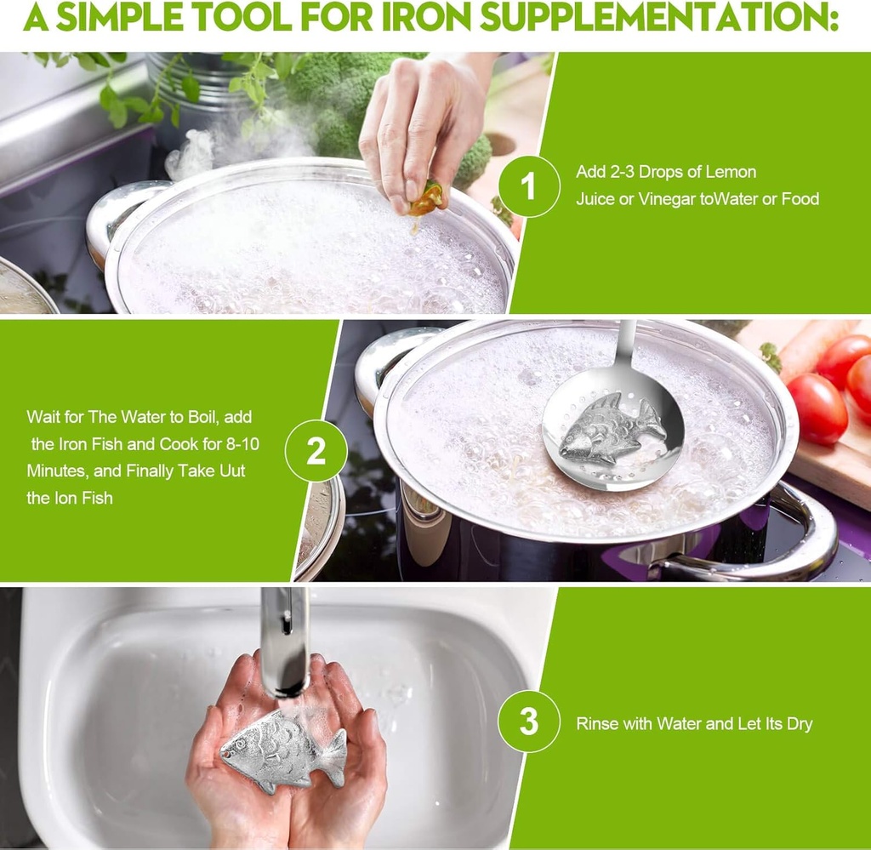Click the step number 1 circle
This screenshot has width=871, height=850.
tap(529, 185)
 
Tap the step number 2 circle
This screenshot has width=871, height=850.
tap(316, 451)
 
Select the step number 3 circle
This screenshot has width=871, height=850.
tap(529, 722)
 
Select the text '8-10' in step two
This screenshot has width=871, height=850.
tap(229, 444)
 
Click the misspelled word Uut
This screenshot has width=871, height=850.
tap(229, 471)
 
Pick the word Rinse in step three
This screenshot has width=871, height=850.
tap(596, 724)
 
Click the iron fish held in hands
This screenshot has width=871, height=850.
tap(281, 749)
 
